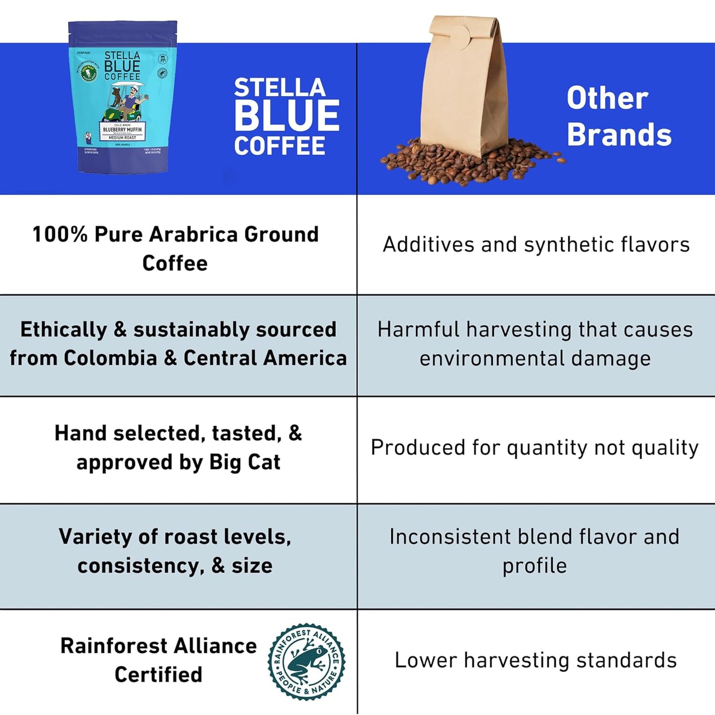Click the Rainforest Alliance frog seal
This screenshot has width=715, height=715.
coord(306,662)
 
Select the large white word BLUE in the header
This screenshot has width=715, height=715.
coord(286,116)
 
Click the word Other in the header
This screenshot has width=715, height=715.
coord(607,98)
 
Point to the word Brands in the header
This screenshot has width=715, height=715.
coord(619,135)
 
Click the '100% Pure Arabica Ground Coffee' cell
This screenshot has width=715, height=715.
coord(175,248)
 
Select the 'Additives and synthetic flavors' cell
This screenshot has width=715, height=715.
coord(536,244)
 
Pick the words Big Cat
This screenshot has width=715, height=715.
coord(244,462)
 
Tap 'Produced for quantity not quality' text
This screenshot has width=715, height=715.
coord(534,448)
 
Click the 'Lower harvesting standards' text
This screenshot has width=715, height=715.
coord(535,660)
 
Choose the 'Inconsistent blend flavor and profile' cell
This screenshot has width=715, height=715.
coord(534,551)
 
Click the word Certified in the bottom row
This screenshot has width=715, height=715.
coord(158,674)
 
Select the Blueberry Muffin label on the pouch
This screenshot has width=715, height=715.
coord(122,130)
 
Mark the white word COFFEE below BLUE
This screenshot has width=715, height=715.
coord(280,146)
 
